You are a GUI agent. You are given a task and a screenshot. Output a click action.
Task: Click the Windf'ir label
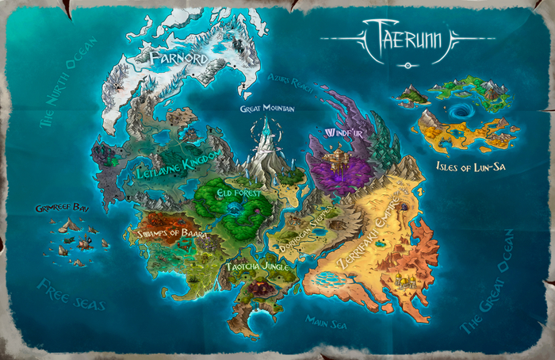click(344, 134)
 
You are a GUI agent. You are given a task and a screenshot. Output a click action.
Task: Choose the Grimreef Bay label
click(59, 208)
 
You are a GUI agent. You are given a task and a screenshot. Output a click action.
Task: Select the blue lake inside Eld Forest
click(235, 209)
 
